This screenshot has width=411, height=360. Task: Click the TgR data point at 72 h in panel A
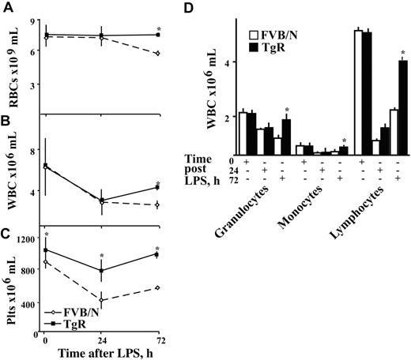[x=156, y=35]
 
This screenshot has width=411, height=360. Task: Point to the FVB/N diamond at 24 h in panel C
[x=102, y=300]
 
